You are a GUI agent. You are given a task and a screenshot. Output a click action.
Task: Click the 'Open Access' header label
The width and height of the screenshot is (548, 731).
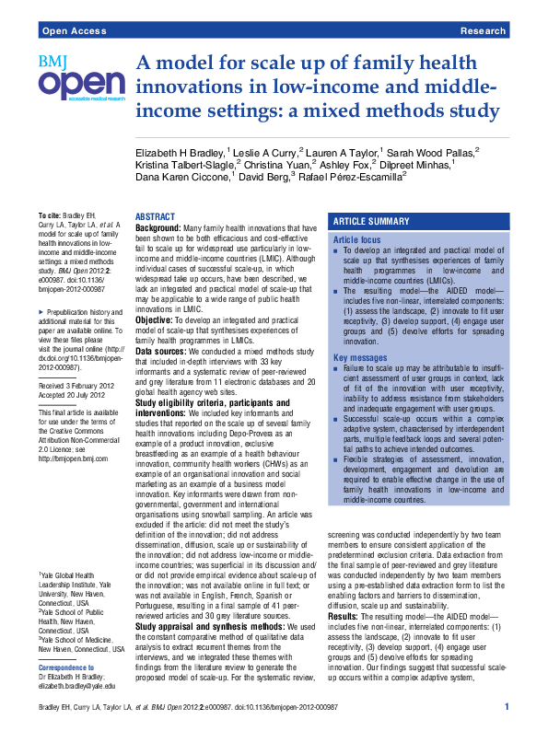(x=70, y=30)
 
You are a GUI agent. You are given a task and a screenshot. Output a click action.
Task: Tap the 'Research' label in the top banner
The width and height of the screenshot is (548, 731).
(x=482, y=30)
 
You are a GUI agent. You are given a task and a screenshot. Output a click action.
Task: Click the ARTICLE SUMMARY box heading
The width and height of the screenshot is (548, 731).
(x=371, y=222)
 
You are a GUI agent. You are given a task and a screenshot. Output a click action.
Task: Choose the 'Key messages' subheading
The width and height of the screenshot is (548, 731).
(x=358, y=357)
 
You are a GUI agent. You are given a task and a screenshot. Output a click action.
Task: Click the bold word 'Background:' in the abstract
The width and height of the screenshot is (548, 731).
(x=158, y=226)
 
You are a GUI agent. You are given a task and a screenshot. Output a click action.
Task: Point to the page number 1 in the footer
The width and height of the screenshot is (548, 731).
(x=507, y=706)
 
